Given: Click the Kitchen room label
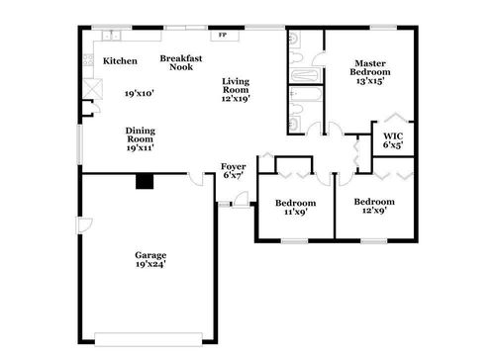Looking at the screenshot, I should [120, 61].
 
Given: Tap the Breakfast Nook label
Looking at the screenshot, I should [182, 63].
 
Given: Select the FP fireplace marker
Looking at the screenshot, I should [223, 36].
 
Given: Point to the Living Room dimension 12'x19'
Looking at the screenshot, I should [237, 98].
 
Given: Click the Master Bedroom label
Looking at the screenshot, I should [371, 68].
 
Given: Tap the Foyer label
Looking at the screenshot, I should [234, 166].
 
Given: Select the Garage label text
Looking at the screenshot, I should [150, 255].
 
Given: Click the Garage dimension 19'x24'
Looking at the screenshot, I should [150, 265].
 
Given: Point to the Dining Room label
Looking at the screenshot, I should [139, 135].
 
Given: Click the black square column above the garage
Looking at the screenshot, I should [146, 181].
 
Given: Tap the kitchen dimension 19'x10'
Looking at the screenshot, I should [139, 94].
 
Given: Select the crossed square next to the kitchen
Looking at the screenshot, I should [93, 89].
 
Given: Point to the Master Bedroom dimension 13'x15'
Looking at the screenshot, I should [371, 82].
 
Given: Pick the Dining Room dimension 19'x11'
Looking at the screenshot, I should [139, 148].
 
